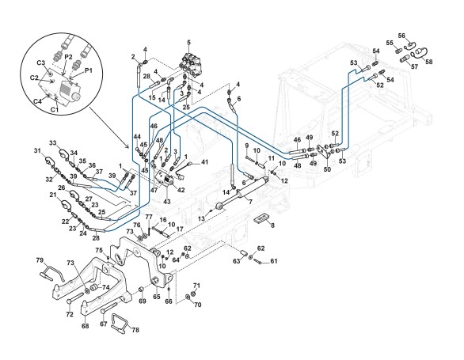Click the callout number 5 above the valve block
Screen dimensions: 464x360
[188, 43]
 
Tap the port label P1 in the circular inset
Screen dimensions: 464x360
[89, 70]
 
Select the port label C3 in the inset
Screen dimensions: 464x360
[41, 63]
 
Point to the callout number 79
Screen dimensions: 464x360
[40, 260]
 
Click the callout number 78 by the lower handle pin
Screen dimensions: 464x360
[135, 330]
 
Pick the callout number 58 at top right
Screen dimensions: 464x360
[429, 62]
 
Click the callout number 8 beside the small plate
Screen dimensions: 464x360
[272, 225]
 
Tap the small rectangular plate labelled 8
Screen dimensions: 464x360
[262, 218]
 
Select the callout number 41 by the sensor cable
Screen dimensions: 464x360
[204, 162]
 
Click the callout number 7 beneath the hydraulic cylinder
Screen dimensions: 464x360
[250, 202]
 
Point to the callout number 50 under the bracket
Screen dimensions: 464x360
[327, 169]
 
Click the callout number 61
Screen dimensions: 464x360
[274, 261]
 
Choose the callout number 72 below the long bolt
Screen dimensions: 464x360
[70, 314]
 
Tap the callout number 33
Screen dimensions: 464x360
[53, 143]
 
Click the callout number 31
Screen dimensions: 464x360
[37, 151]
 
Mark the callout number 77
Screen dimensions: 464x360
[149, 218]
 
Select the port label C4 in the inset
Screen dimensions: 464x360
[37, 101]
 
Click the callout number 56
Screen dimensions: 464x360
[401, 36]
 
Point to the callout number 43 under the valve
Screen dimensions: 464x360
[167, 201]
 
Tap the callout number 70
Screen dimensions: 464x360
[197, 304]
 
